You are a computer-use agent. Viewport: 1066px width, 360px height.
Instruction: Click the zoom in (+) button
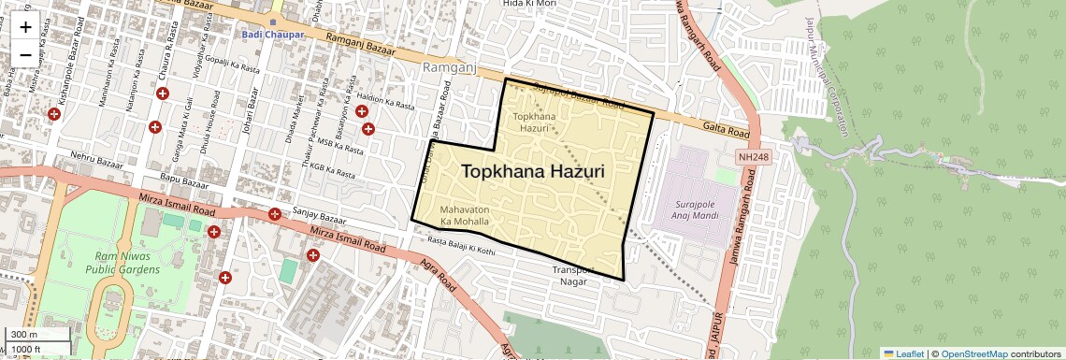click(25, 26)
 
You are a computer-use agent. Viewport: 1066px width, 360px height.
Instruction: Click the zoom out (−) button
click(25, 54)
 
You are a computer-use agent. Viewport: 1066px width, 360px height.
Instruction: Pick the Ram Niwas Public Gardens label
click(119, 262)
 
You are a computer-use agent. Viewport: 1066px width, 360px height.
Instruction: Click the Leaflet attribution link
click(903, 353)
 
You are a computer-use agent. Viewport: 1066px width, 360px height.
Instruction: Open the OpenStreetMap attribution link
click(973, 353)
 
